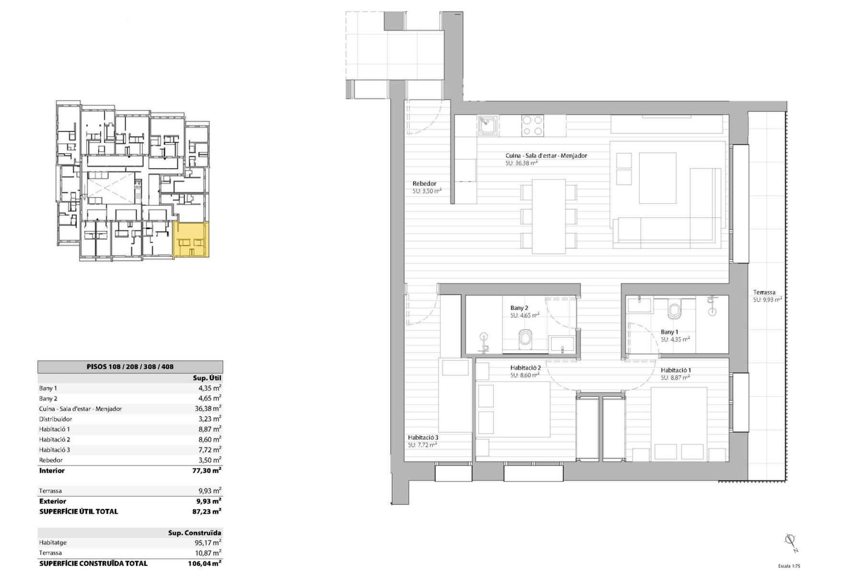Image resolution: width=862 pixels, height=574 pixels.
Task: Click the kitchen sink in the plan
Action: click(488, 126)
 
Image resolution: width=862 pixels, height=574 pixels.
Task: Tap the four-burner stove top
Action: click(533, 125)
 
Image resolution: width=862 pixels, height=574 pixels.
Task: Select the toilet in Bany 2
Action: click(525, 338)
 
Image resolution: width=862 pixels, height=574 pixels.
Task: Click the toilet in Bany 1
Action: click(675, 311)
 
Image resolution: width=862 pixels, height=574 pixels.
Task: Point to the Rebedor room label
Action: click(424, 184)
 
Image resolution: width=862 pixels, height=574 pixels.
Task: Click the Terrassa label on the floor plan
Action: click(764, 292)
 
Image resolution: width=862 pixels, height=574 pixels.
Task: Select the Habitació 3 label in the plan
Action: click(423, 437)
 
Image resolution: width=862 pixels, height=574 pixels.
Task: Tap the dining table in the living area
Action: click(549, 216)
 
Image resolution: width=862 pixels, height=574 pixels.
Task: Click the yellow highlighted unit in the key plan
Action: click(191, 240)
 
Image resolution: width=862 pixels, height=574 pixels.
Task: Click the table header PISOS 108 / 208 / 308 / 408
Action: click(130, 367)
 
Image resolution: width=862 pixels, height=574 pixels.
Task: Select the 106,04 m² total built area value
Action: click(204, 563)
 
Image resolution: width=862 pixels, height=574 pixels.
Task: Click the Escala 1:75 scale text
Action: click(789, 566)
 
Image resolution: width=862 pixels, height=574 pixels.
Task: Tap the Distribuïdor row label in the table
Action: click(56, 419)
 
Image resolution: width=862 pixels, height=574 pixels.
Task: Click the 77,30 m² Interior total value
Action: click(206, 470)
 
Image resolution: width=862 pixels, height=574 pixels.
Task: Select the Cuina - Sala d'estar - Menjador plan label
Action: click(546, 155)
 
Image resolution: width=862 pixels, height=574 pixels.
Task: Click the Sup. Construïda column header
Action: click(194, 532)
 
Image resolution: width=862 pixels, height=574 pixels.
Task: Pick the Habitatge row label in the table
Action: click(53, 542)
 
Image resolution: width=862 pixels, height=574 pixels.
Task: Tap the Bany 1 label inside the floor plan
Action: click(669, 332)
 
